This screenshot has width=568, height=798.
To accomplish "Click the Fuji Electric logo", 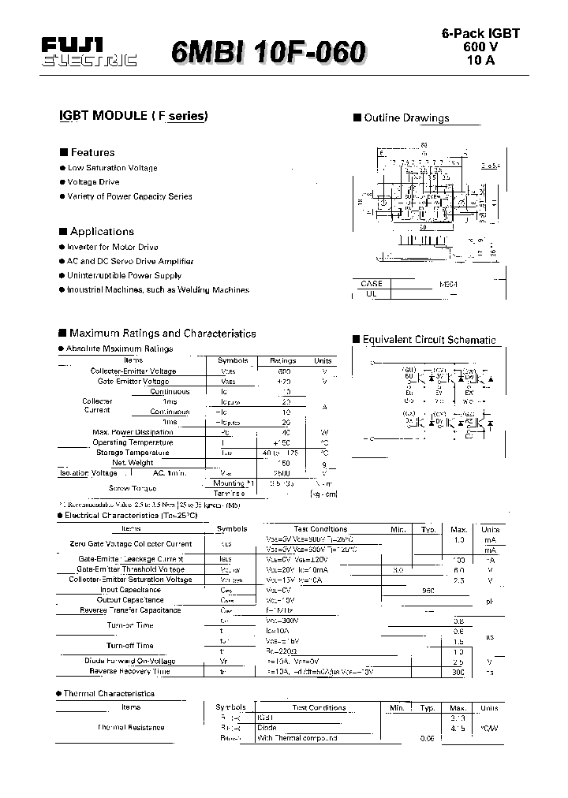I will [88, 53].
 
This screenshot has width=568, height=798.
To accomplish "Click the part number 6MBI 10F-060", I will [268, 53].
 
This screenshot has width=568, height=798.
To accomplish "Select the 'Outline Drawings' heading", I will [406, 118].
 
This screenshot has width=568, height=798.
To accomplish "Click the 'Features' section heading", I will [92, 152].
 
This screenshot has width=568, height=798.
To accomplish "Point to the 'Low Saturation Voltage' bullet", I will [112, 168].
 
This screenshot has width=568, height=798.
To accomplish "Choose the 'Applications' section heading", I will [102, 232].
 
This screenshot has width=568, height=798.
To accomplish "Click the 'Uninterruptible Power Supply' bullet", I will [124, 276].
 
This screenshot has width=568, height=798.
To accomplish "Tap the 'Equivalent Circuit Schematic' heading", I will [429, 340].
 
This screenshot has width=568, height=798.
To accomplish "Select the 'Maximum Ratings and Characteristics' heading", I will [163, 334].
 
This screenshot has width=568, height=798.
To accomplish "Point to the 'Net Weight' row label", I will [133, 463].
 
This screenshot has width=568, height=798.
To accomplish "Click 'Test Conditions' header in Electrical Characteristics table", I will [320, 529].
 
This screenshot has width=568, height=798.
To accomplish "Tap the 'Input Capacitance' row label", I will [130, 590].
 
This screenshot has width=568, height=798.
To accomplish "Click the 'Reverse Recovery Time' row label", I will [129, 671].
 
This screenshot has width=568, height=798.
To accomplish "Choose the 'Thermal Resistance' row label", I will [131, 727].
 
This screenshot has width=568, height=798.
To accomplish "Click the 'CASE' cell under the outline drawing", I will [371, 283].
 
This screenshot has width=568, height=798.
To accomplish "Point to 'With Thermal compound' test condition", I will [297, 738].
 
